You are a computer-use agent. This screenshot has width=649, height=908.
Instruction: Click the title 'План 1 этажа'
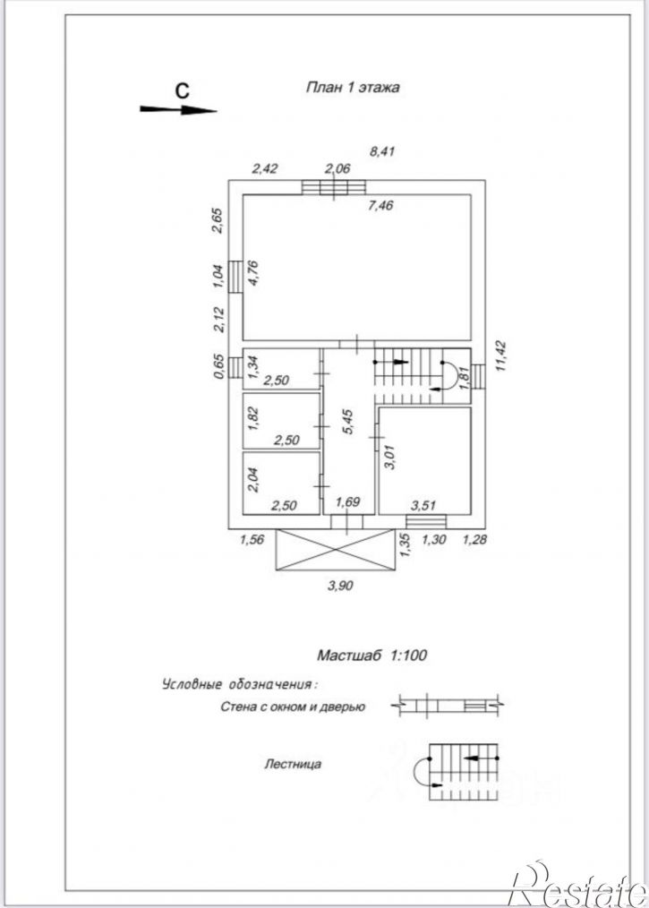(352, 88)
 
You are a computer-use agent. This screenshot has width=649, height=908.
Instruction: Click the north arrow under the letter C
(178, 109)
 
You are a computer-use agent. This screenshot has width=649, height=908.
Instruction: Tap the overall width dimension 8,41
(382, 151)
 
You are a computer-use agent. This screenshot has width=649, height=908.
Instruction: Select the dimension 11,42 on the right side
(500, 355)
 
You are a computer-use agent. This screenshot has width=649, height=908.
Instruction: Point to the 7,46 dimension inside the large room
(380, 205)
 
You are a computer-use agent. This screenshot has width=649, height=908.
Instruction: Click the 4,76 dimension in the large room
(253, 273)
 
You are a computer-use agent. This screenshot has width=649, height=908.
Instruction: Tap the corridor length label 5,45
(347, 422)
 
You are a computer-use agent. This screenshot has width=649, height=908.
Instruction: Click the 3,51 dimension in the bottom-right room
(423, 506)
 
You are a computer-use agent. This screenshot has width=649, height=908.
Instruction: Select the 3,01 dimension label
(389, 457)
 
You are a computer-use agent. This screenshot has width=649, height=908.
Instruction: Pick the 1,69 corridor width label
(348, 501)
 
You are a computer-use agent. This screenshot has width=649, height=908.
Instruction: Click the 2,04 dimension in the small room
(253, 480)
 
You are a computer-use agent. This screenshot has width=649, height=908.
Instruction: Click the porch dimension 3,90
(340, 586)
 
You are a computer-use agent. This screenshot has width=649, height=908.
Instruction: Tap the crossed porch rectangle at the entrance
(336, 550)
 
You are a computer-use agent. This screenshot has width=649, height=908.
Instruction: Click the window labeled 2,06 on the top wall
(334, 187)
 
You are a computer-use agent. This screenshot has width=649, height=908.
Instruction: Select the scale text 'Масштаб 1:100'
(371, 655)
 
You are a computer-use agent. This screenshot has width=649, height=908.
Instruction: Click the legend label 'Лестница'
(293, 765)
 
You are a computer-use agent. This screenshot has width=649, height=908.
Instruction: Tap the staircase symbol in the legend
(457, 772)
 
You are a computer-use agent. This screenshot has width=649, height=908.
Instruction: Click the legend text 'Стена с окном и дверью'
(293, 707)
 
